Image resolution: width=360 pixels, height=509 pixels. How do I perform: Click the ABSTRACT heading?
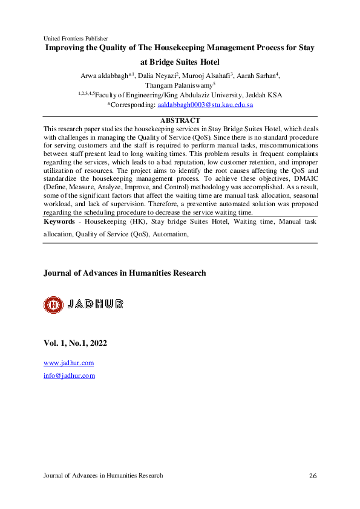180,121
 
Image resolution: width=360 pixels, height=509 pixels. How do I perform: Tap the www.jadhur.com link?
68,363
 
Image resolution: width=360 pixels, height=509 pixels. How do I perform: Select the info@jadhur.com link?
70,375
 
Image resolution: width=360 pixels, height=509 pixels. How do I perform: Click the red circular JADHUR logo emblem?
53,305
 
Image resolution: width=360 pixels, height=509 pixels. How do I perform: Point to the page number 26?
313,476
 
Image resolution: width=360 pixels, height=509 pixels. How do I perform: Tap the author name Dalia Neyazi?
156,76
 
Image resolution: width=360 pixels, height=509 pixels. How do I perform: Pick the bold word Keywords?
59,222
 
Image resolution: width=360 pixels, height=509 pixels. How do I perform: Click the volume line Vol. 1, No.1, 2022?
75,343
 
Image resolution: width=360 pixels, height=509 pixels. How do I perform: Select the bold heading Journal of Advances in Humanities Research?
125,273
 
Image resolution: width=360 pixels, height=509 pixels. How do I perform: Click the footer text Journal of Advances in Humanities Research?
103,476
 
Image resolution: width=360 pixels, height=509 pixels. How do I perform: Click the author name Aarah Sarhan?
258,76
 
